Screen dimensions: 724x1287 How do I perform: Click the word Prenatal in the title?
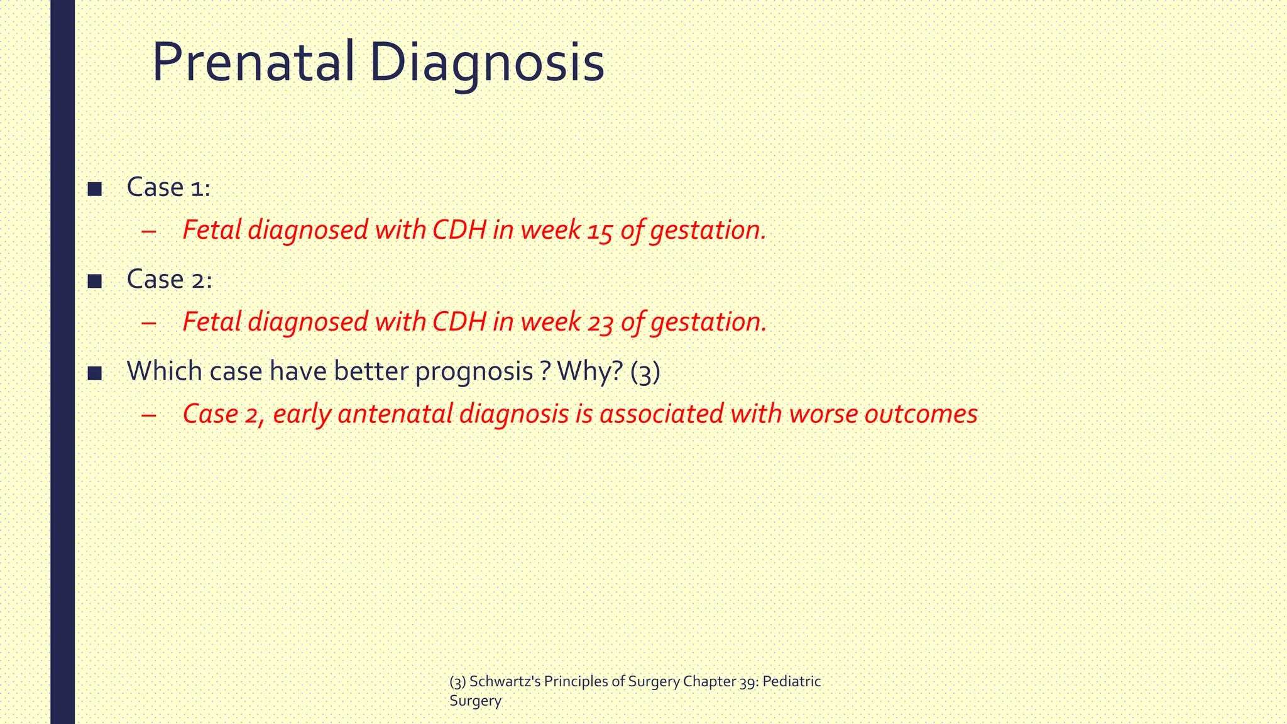253,63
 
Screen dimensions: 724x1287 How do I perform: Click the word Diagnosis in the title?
487,63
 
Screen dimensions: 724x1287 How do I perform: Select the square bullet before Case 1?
95,189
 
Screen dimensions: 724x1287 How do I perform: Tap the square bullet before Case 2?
95,281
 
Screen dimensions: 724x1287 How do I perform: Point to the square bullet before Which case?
95,373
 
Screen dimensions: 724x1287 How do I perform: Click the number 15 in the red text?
600,231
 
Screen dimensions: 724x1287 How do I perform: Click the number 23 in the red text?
600,322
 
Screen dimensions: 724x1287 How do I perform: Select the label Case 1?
168,187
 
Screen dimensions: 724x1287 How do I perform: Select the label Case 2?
169,279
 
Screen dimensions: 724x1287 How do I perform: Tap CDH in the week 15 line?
459,230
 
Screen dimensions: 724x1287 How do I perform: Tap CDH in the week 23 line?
459,322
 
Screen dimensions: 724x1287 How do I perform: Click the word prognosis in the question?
474,372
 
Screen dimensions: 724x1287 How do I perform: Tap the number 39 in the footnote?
747,682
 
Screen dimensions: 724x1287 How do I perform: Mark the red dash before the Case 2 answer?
149,415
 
